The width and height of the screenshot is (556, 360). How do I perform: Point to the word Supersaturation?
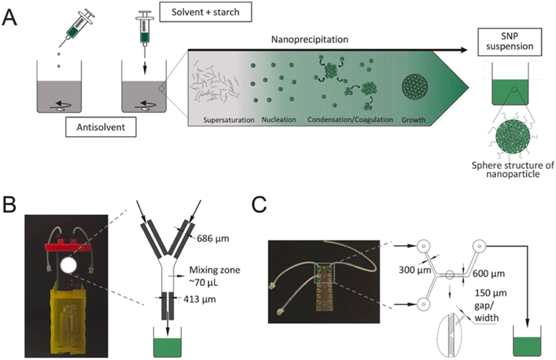(221, 120)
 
